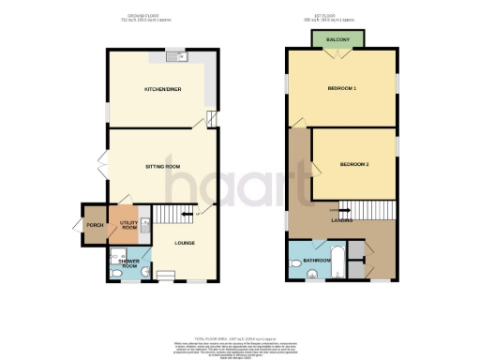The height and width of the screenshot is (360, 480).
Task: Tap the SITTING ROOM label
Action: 161,166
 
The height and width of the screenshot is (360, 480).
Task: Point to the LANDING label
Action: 341,219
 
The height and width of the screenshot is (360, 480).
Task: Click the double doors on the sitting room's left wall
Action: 102,167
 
